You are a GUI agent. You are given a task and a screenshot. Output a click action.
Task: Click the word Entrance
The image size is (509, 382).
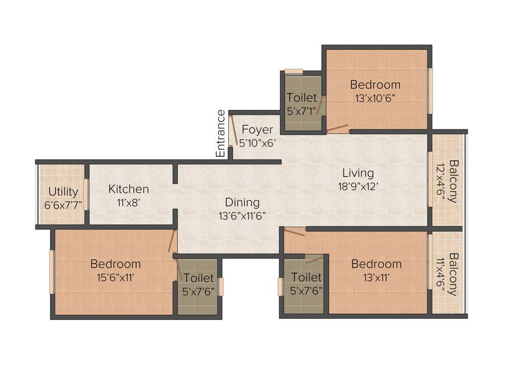221,134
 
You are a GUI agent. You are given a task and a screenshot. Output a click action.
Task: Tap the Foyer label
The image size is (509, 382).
257,130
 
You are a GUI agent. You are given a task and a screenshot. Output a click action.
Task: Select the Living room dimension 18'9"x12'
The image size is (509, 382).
358,186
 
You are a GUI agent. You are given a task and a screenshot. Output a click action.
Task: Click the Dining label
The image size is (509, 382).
242,202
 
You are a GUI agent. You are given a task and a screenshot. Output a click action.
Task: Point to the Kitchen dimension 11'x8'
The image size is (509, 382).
128,202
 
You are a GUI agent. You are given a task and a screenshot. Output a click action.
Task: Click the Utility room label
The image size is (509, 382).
63,192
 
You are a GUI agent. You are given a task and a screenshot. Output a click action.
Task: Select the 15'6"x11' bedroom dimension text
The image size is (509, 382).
115,277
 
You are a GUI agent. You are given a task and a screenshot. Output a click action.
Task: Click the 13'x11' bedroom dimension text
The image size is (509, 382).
376,277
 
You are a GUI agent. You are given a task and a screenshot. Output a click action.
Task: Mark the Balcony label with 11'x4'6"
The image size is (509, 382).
453,274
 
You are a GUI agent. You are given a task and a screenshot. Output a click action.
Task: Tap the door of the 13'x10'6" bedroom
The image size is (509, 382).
338,129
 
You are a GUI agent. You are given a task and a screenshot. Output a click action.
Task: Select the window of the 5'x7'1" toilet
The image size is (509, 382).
294,71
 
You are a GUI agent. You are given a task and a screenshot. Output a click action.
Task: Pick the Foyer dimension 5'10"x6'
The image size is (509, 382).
257,142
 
